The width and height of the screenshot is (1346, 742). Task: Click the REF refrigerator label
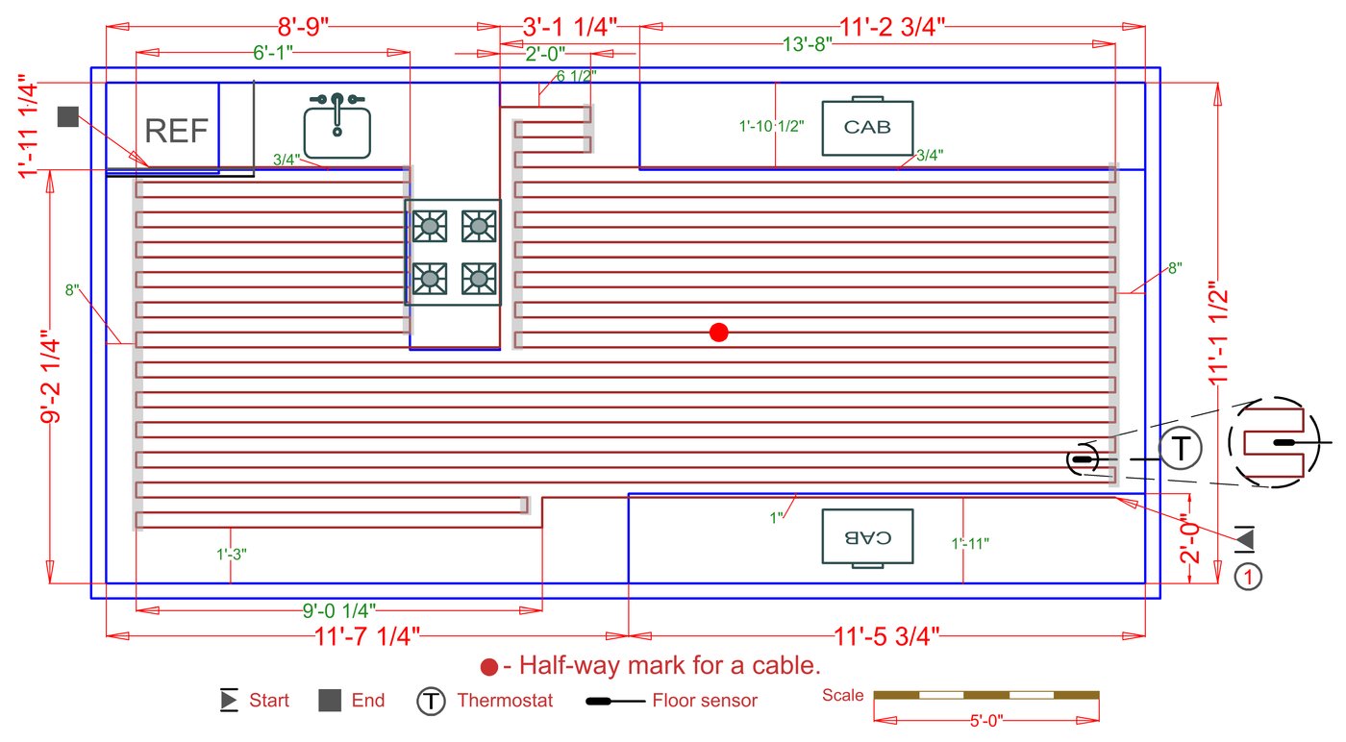[x=176, y=131]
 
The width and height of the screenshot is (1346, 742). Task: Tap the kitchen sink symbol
[x=337, y=126]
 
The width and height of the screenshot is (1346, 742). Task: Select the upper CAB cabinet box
[x=867, y=127]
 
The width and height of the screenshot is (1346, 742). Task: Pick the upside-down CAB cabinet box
[x=867, y=537]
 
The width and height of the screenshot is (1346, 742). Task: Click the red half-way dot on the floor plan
[x=719, y=333]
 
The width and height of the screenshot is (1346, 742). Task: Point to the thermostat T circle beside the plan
[x=1181, y=448]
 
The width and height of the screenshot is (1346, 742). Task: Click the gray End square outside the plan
[x=68, y=116]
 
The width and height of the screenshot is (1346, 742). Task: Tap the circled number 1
[x=1248, y=578]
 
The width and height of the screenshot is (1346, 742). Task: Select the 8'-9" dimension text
[x=303, y=27]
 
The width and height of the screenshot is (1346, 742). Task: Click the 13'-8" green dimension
[x=807, y=44]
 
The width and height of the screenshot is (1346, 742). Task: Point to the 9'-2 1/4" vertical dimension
[x=50, y=377]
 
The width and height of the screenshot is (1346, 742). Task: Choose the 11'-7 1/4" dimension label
[x=366, y=636]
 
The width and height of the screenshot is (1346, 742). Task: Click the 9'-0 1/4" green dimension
[x=338, y=611]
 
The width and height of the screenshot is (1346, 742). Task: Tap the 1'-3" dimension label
[x=232, y=554]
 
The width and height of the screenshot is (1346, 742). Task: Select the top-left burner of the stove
[x=430, y=226]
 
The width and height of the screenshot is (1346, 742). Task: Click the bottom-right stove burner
[x=479, y=279]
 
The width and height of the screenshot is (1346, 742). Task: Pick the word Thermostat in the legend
[x=505, y=701]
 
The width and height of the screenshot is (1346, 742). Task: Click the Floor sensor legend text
[x=705, y=701]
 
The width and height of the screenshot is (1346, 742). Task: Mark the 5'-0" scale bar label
[x=986, y=721]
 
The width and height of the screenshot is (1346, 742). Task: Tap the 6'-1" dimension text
[x=273, y=53]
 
